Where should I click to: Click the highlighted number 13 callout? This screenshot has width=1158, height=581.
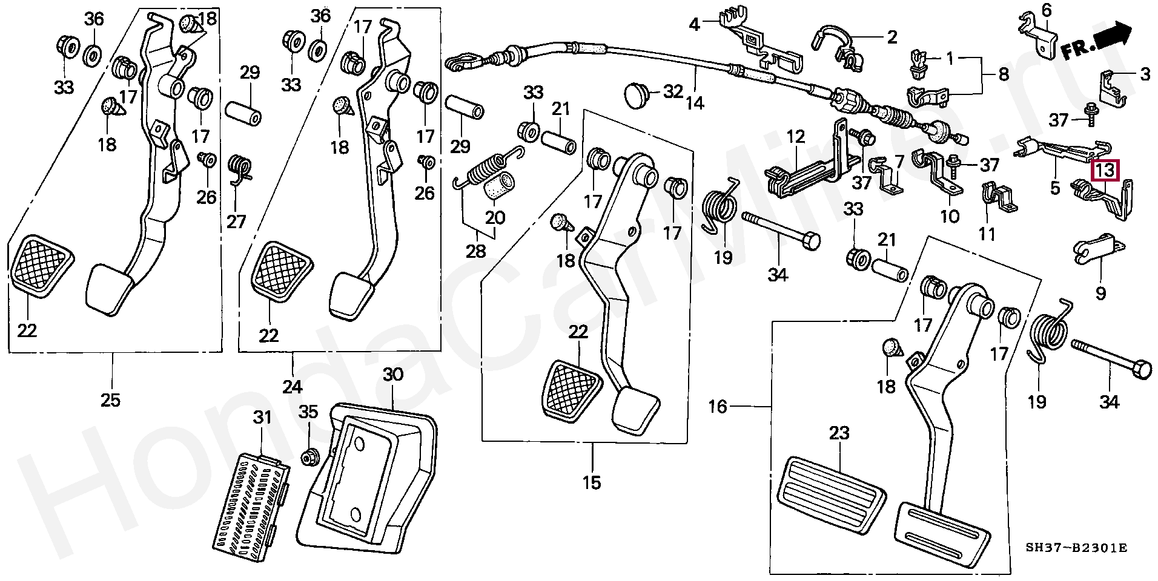(x=1105, y=170)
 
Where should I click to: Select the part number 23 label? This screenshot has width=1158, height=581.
(x=839, y=433)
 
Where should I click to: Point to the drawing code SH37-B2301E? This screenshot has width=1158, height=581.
(x=1076, y=548)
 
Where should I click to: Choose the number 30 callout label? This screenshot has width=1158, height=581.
(x=392, y=375)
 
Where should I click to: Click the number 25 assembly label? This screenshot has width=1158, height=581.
(x=111, y=399)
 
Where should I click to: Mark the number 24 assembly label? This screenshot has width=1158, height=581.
(x=293, y=386)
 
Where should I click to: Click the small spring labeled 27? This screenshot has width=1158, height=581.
(x=241, y=169)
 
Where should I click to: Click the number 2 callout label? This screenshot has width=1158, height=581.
(x=892, y=38)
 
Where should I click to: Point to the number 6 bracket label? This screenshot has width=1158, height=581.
(x=1047, y=10)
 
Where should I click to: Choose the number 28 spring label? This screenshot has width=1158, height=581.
(x=475, y=250)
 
